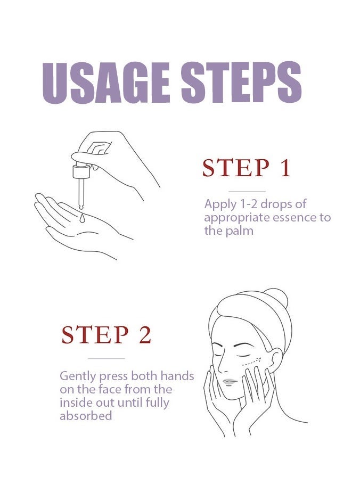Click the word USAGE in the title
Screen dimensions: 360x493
tap(107, 83)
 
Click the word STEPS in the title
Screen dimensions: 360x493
tap(241, 83)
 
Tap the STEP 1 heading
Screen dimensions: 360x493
tap(246, 168)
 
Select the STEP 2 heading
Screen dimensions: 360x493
tap(107, 334)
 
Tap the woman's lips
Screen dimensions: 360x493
tap(230, 382)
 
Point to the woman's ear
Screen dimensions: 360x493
tap(276, 358)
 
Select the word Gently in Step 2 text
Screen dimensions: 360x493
tap(78, 376)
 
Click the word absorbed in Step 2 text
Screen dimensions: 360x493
tap(86, 416)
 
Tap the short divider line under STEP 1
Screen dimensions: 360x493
tap(247, 191)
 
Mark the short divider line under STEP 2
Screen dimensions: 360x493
tap(107, 358)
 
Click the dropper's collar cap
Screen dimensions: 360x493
tap(81, 171)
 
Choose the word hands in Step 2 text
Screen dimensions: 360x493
tap(177, 376)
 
